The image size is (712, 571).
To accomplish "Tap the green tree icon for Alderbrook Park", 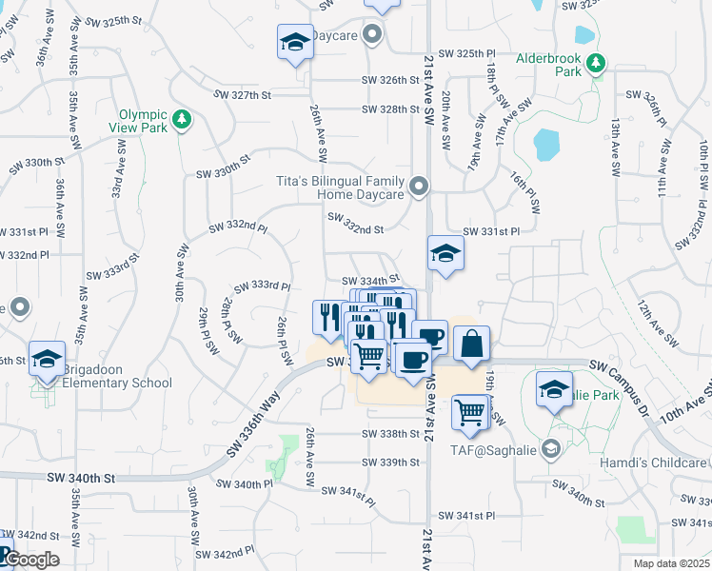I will point(596,64).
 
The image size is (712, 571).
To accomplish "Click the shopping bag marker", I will point(472,344).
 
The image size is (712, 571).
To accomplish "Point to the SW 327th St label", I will point(243,95).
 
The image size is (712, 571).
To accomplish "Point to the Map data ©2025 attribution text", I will point(671,563).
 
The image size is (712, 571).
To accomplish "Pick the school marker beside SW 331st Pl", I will point(445,254).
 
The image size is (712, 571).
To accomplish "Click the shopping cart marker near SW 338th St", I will point(470,413).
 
